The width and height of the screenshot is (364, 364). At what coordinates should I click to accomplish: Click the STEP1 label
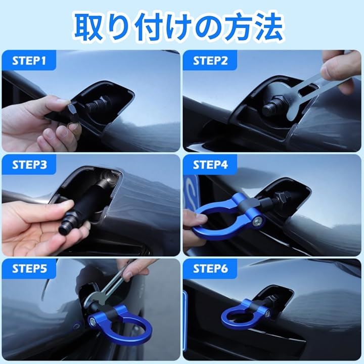(x=29, y=61)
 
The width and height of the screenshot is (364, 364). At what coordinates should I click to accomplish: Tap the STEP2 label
(x=210, y=61)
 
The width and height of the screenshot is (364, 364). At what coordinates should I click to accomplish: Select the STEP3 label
(x=29, y=165)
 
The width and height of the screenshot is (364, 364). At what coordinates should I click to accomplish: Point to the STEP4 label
(x=210, y=165)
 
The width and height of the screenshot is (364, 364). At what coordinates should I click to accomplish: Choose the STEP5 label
(x=29, y=269)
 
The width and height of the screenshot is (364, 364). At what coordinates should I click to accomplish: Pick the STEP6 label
(x=210, y=269)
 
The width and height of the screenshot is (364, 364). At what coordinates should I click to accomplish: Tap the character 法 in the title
(x=269, y=27)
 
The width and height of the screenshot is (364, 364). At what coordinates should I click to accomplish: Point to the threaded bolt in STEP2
(x=274, y=106)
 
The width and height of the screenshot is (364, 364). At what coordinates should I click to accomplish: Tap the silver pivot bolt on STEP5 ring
(x=93, y=321)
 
